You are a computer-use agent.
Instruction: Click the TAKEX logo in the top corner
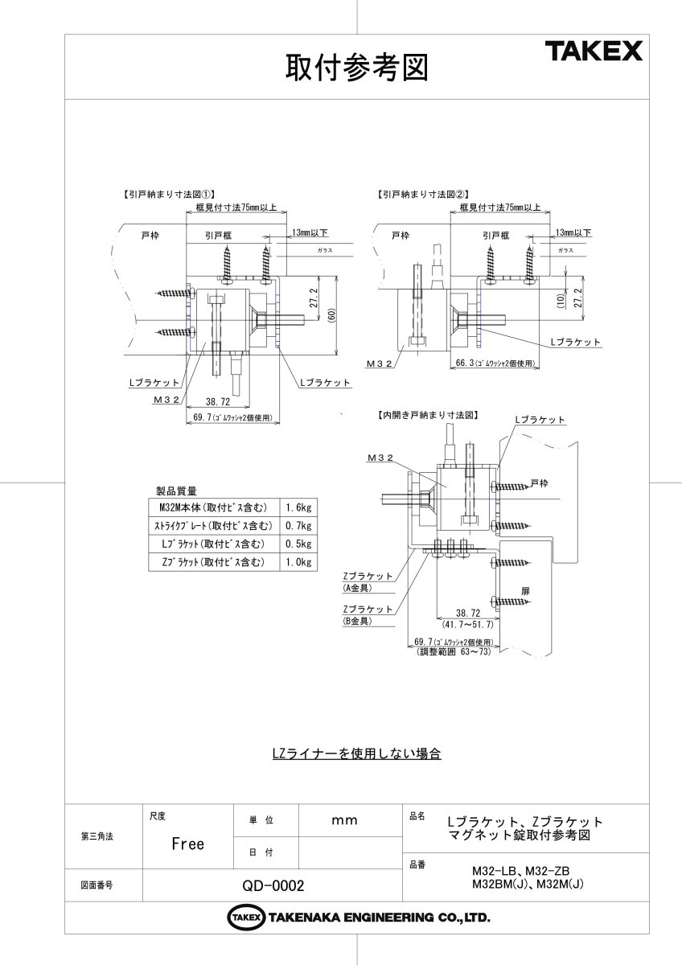[x=594, y=52]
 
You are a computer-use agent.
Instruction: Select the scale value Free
[x=187, y=844]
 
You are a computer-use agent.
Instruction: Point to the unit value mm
[x=344, y=820]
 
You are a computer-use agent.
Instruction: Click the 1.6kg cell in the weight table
[x=297, y=507]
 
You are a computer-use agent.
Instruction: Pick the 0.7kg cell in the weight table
[x=297, y=525]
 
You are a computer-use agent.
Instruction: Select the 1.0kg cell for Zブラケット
[x=297, y=562]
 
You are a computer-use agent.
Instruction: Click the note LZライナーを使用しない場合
[x=357, y=754]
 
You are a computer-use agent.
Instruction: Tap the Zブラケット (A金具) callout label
[x=367, y=581]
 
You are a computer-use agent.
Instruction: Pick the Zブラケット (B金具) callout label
[x=367, y=614]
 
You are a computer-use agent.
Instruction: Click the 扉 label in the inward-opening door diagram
[x=525, y=589]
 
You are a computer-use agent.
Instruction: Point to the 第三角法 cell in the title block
[x=97, y=836]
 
